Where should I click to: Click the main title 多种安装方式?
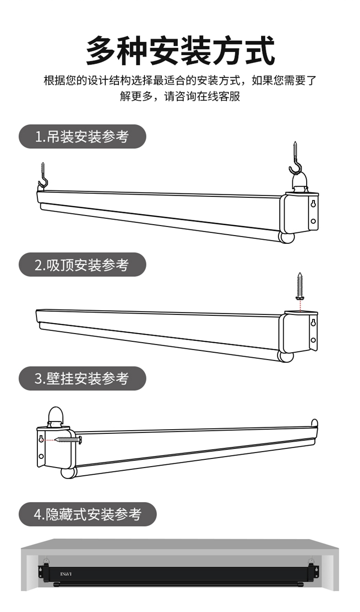[x=180, y=50]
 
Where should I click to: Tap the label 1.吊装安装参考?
[x=82, y=137]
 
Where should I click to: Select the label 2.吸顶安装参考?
[x=82, y=264]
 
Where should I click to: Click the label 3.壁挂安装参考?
[x=82, y=378]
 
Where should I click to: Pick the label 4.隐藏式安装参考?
[x=88, y=514]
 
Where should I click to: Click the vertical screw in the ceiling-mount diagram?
[x=300, y=287]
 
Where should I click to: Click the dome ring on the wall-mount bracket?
[x=55, y=416]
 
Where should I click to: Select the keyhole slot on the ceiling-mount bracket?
[x=313, y=323]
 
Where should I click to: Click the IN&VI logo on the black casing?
[x=66, y=574]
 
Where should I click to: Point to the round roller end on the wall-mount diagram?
[x=68, y=473]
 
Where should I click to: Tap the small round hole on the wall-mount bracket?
[x=41, y=456]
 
